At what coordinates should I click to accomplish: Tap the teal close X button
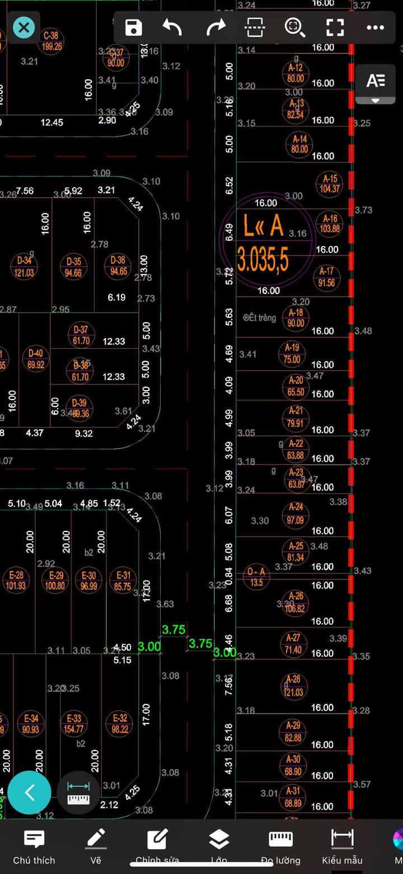24,27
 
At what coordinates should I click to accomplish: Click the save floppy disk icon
134,27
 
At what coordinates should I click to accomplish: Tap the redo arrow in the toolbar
215,27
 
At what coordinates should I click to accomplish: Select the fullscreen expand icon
335,27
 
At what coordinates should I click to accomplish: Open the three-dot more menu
375,27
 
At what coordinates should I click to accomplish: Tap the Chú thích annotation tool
34,846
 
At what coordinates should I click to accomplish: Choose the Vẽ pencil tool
96,846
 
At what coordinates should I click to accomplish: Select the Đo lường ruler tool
280,846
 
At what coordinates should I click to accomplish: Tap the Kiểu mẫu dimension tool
341,846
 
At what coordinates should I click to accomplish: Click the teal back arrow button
30,792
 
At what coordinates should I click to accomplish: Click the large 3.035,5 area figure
263,260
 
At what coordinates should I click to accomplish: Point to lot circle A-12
296,73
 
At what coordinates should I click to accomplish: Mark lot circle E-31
123,581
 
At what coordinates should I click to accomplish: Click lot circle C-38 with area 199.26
51,41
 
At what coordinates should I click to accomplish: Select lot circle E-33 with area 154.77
74,724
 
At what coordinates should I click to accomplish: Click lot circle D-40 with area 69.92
35,359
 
